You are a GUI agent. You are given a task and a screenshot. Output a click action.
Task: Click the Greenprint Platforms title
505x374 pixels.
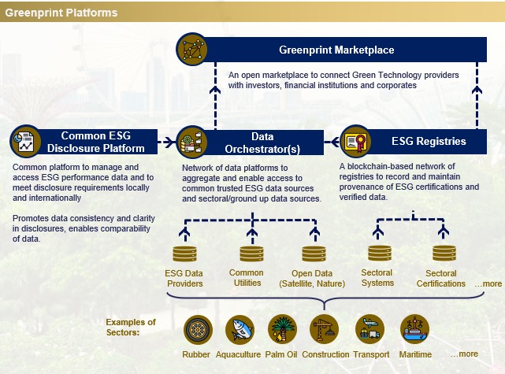(x=62, y=13)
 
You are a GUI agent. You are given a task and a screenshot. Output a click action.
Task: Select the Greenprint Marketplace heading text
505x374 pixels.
(x=336, y=51)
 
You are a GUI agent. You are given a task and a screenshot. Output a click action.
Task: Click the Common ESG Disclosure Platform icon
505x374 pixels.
(x=27, y=142)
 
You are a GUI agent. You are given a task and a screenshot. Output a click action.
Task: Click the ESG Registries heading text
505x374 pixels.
(x=429, y=143)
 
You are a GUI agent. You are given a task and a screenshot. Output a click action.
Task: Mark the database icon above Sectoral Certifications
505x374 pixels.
(x=441, y=255)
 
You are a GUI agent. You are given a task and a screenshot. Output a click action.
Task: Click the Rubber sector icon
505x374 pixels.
(x=197, y=329)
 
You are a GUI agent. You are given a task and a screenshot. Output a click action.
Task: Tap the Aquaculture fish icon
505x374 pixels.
(x=240, y=329)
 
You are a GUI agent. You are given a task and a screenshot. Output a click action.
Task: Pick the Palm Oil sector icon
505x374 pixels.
(x=281, y=329)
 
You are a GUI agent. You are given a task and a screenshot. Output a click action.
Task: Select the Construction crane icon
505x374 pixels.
(x=325, y=329)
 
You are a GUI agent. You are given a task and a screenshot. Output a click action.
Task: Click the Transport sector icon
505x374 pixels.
(x=369, y=329)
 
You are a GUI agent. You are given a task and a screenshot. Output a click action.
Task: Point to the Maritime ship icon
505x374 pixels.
(x=414, y=329)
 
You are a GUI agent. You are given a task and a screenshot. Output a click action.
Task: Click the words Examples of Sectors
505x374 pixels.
(x=131, y=328)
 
